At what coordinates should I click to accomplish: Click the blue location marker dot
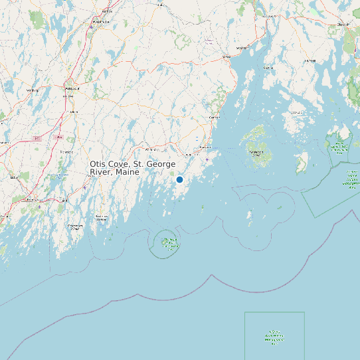[179, 179]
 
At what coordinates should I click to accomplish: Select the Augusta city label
[71, 88]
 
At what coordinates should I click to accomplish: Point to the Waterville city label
[102, 21]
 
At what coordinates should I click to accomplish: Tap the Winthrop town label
[31, 90]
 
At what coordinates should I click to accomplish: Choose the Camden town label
[214, 117]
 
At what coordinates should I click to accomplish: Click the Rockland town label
[205, 147]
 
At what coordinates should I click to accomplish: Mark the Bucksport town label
[269, 15]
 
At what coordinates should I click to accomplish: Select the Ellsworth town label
[343, 24]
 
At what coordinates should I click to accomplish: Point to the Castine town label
[269, 67]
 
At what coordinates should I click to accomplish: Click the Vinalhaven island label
[256, 151]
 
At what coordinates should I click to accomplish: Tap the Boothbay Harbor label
[101, 217]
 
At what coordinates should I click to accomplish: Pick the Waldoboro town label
[151, 149]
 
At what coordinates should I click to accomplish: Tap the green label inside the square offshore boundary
[274, 338]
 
